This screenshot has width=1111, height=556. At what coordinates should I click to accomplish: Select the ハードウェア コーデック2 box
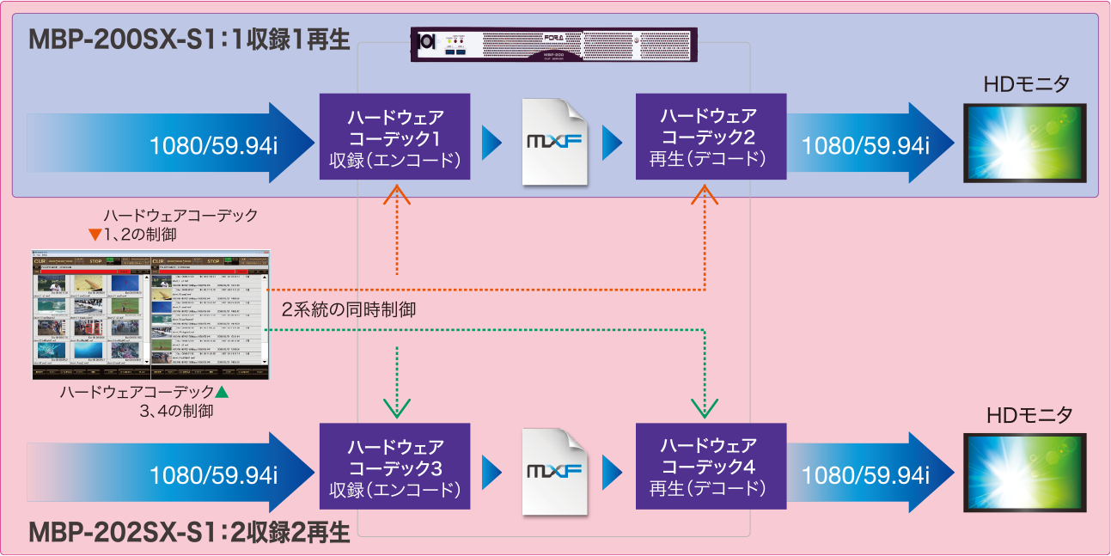pos(711,137)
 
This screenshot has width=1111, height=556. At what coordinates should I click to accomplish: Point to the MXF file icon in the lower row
pos(555,472)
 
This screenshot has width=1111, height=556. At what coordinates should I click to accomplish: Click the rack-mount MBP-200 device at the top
pos(553,46)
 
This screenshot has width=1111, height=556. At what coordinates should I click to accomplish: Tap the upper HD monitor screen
pos(1024,143)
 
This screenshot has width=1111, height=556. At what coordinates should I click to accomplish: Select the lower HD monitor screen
pos(1024,474)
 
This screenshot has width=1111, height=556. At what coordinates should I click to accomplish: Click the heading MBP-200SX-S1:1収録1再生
pos(190,40)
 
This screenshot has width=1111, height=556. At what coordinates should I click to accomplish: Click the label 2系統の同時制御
pos(349,310)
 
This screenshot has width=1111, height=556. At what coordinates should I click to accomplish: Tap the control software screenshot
pos(150,315)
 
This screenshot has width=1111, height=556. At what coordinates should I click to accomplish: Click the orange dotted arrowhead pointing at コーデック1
pos(398,196)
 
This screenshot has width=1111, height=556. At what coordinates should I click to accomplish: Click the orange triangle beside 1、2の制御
pos(95,235)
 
